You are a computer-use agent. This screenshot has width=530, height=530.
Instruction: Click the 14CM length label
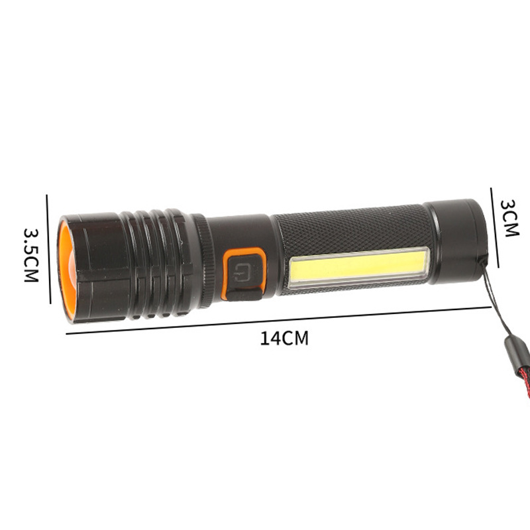tap(284, 338)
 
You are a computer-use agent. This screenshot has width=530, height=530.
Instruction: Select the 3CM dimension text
tap(510, 218)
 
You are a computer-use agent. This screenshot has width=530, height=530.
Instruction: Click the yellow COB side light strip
tap(358, 267)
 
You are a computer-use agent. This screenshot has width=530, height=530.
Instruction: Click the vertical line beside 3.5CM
tap(48, 248)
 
